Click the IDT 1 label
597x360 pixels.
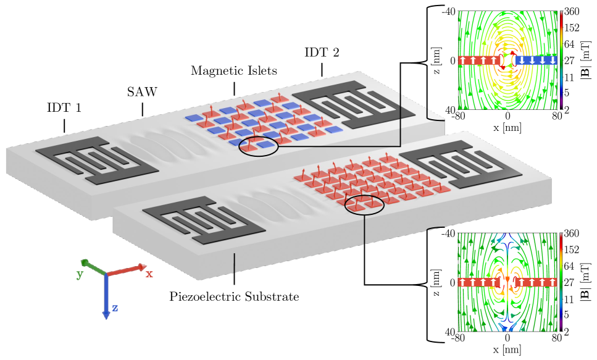[64, 109]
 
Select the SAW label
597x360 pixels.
[143, 93]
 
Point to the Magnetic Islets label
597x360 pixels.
[234, 70]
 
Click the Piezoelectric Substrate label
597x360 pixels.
[234, 296]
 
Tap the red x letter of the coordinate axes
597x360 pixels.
[149, 274]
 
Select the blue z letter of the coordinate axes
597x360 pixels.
[115, 308]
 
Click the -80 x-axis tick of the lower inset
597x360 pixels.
[457, 338]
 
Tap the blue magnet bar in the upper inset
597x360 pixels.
[535, 61]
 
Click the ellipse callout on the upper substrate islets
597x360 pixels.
[257, 144]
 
